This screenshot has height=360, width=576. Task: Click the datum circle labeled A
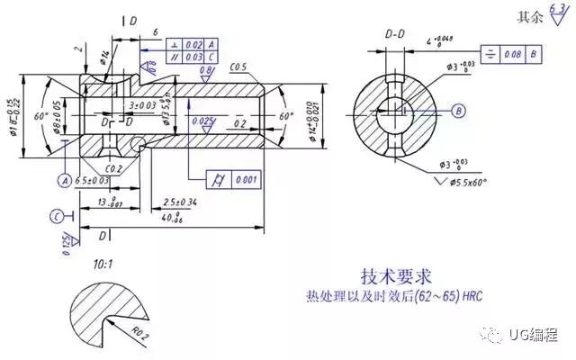65,180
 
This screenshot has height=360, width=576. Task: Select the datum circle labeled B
458,111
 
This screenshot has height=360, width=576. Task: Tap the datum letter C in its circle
57,216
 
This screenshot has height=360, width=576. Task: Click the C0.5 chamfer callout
238,67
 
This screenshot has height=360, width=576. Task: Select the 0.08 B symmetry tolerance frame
512,53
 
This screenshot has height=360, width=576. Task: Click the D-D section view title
395,34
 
